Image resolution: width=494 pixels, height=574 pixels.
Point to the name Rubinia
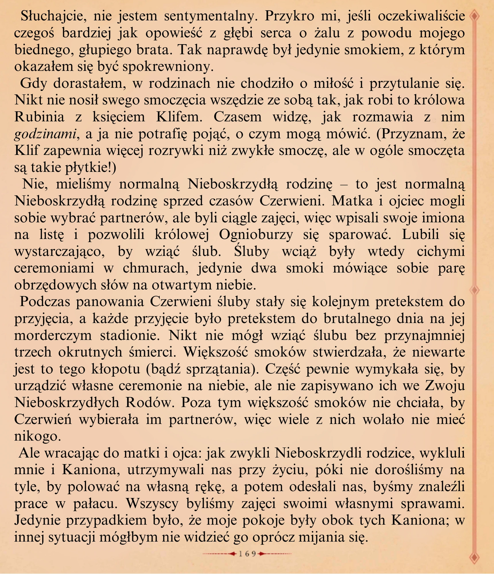(x=39, y=117)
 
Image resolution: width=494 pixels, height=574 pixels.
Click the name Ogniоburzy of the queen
(x=256, y=235)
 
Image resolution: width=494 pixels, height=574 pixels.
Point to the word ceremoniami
(x=54, y=268)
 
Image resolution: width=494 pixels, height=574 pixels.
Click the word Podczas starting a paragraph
(x=43, y=302)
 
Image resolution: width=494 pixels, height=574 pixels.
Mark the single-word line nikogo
(x=38, y=436)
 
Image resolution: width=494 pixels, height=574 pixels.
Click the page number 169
(x=247, y=554)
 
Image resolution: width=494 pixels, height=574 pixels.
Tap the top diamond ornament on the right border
(x=475, y=16)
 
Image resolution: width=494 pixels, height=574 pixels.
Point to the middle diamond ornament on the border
(x=475, y=290)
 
